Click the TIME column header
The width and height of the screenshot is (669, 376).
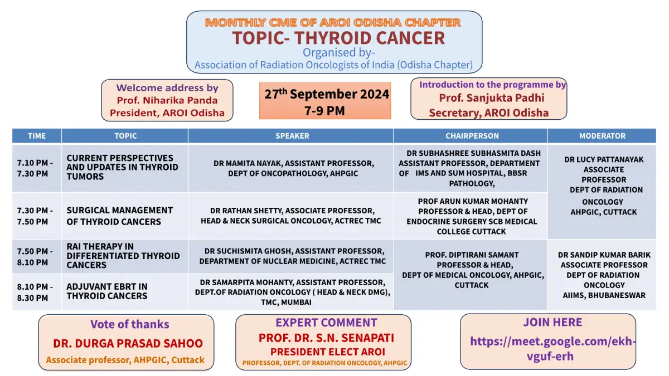tap(37, 136)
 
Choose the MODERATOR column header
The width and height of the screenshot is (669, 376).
tap(602, 136)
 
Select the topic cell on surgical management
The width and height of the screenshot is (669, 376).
tap(125, 216)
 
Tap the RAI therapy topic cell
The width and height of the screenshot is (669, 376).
tap(125, 256)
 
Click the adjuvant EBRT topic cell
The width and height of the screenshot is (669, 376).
tap(125, 292)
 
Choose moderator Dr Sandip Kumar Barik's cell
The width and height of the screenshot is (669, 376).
tap(602, 275)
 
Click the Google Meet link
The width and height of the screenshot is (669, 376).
tap(552, 349)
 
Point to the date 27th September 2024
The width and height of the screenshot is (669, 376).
tap(327, 94)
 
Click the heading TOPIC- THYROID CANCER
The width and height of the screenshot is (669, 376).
tap(338, 38)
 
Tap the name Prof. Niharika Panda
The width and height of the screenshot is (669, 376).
tap(167, 100)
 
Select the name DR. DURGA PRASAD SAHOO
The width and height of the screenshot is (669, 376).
tap(128, 343)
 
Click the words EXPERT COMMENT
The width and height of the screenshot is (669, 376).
tap(326, 323)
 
